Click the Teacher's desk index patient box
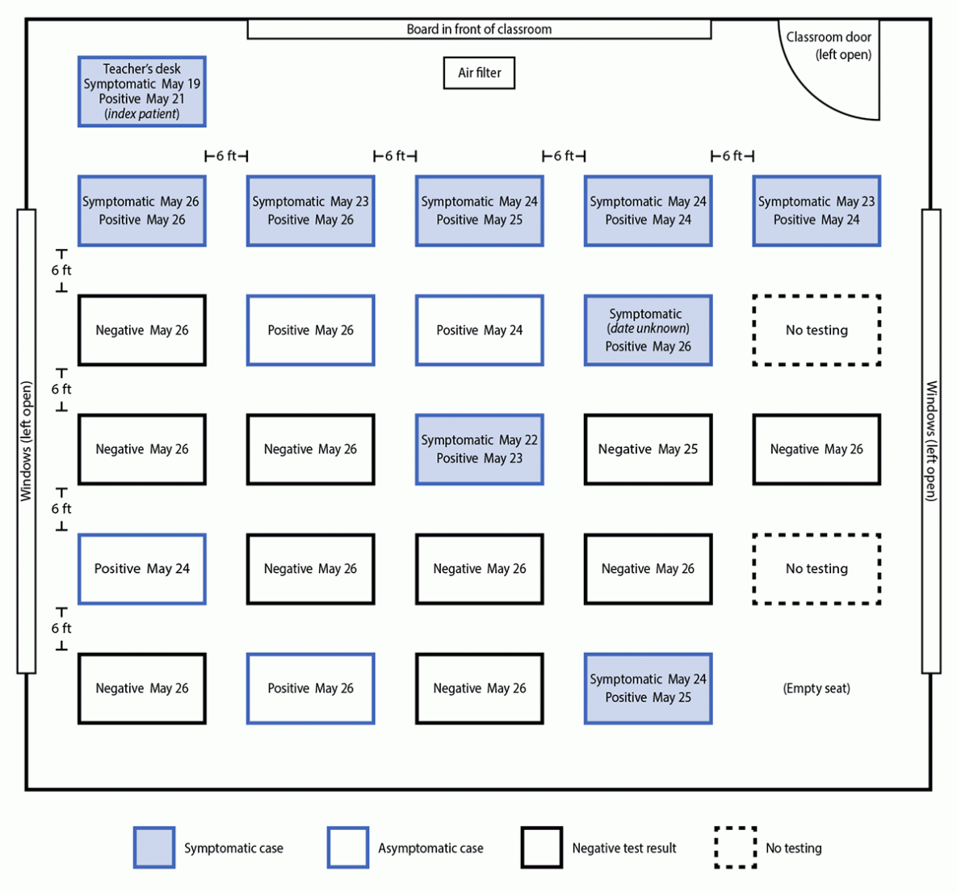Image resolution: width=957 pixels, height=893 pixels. pos(141,91)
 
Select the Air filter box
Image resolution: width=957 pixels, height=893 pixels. pos(479,73)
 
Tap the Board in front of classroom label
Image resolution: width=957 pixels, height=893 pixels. pos(479,29)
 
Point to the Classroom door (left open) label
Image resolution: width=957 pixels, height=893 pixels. pos(829,45)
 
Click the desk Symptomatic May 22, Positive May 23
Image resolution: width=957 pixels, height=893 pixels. pos(479,449)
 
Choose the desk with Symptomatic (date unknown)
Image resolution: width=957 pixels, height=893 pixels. pos(648,330)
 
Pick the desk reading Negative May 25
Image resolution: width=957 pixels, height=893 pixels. pos(648,449)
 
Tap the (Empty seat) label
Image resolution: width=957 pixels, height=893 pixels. pos(816,689)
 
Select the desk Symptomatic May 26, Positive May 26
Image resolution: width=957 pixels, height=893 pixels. pos(141,211)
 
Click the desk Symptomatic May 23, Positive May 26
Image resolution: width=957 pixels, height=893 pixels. pos(310,211)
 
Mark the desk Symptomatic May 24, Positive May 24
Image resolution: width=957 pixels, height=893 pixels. pos(648,211)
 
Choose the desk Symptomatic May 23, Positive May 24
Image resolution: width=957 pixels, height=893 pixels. pos(816,211)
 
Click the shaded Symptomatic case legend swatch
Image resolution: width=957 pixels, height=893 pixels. pos(154,848)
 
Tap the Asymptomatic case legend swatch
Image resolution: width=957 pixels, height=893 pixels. pos(348,848)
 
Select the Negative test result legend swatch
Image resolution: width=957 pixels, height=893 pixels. pos(541,848)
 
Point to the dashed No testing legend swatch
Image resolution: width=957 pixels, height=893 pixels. pos(735,848)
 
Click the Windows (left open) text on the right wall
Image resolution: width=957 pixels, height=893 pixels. pos(931,441)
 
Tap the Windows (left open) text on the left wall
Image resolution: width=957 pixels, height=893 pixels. pos(27,441)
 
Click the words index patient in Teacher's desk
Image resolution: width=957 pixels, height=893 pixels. pos(142,114)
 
